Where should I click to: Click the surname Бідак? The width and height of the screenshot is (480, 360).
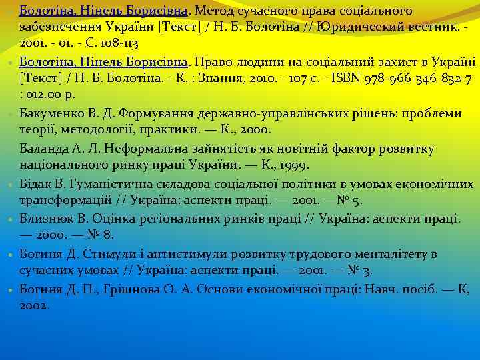click(x=37, y=183)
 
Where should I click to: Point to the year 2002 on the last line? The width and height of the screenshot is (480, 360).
click(x=34, y=305)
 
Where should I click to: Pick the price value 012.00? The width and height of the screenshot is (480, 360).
click(x=45, y=95)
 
